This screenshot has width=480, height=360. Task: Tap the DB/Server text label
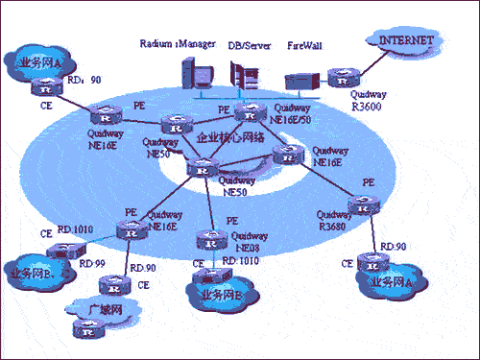248,43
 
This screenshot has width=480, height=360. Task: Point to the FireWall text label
308,43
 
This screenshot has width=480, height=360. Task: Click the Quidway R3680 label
335,220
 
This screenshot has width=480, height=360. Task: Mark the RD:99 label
92,263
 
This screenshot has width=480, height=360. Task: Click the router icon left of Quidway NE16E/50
249,113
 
